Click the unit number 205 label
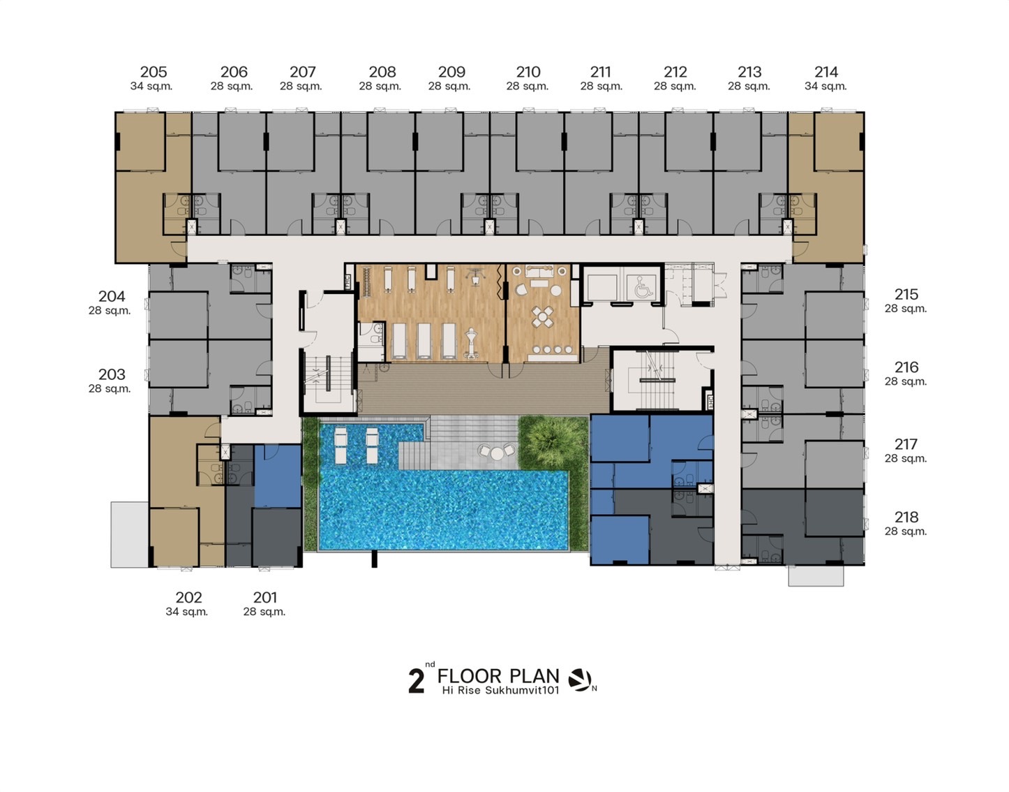coord(154,72)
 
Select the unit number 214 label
coord(826,72)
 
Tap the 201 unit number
coord(265,597)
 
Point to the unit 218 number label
coord(906,517)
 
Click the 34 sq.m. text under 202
coord(187,612)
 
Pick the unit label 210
coord(528,72)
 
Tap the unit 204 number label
coord(112,296)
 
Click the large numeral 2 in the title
coord(416,682)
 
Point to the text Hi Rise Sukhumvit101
coord(500,690)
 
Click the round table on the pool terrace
coord(497,453)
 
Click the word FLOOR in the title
coord(470,676)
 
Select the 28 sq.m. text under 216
coord(906,381)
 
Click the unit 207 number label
coord(303,72)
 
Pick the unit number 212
coord(675,72)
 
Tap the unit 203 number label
coord(112,374)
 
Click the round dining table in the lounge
coord(542,317)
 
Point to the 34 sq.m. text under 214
coord(825,86)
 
